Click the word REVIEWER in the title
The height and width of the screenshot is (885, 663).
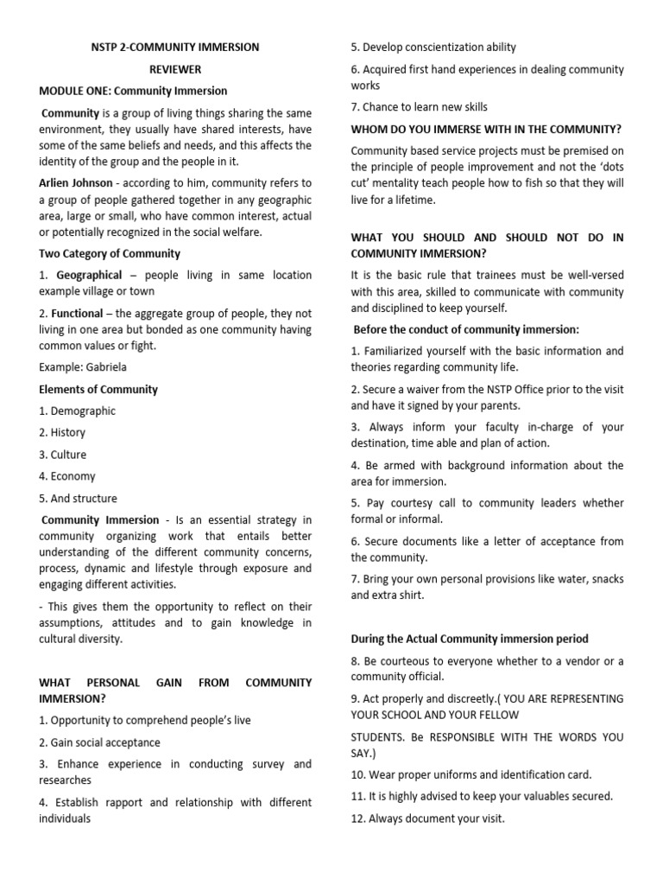coord(174,69)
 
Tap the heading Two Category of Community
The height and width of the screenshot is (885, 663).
coord(110,253)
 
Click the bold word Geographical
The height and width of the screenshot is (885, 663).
coord(89,275)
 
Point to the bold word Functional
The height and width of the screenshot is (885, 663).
coord(78,313)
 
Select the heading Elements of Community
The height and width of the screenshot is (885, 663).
coord(98,389)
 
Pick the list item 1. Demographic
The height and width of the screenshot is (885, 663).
coord(77,411)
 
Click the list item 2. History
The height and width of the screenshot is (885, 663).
coord(62,433)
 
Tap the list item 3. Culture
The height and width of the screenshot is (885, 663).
coord(63,455)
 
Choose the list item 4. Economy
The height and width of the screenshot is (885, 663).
coord(67,476)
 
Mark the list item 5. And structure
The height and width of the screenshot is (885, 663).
coord(78,499)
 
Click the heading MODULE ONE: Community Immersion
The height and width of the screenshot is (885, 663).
coord(133,91)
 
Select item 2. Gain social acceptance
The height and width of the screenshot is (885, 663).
coord(99,742)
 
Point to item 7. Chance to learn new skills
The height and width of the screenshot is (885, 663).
coord(419,107)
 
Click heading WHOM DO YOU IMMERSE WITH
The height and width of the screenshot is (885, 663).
coord(486,129)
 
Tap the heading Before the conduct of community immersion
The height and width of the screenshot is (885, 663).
coord(466,329)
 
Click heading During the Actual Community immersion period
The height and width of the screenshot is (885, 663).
coord(470,639)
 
